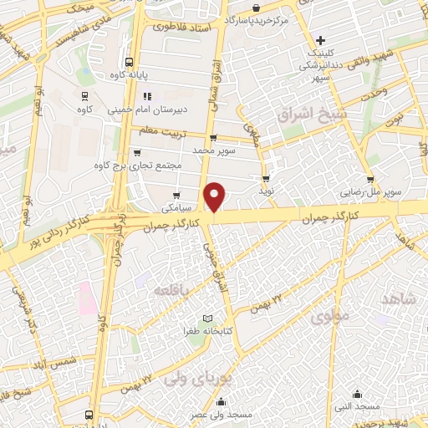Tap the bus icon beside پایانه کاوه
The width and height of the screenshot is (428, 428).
(x=129, y=62)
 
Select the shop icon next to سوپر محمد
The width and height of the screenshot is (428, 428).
(x=213, y=139)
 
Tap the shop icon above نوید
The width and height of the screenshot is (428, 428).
(x=266, y=179)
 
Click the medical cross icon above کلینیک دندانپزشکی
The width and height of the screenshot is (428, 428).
(x=320, y=40)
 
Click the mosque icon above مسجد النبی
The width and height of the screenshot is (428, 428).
(x=359, y=394)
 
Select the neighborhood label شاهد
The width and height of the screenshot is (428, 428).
(x=399, y=299)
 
